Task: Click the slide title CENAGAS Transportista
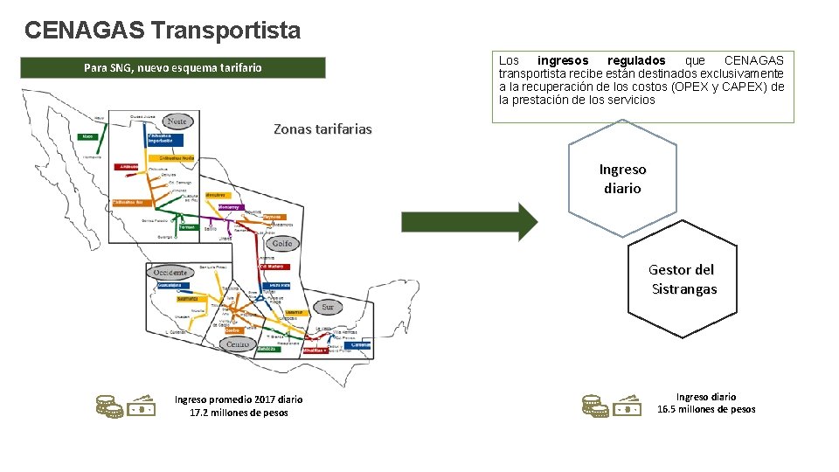click(163, 31)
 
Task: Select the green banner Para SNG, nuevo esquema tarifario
click(173, 68)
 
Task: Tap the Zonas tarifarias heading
click(322, 129)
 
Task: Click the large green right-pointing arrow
click(470, 222)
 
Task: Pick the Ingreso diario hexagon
click(622, 179)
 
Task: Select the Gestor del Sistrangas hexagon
click(683, 280)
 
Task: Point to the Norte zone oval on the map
click(177, 121)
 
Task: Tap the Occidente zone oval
click(170, 273)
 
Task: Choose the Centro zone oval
click(237, 344)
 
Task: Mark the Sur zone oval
click(328, 307)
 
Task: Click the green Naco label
click(87, 136)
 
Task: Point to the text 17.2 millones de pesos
click(239, 413)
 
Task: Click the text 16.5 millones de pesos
click(706, 409)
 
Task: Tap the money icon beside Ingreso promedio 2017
click(126, 406)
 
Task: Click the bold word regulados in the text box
click(636, 60)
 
